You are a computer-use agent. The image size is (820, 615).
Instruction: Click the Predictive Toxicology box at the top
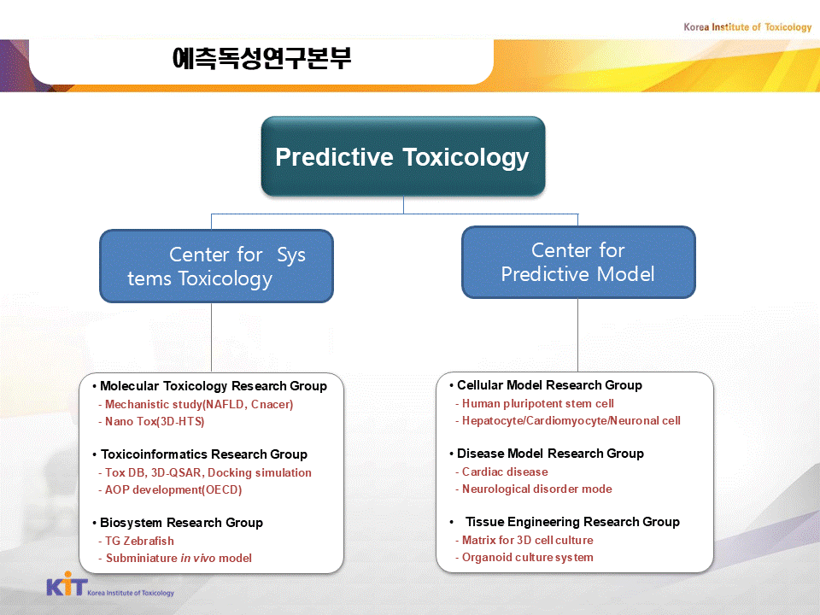[403, 156]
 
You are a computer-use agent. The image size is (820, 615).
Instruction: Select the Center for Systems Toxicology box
[216, 266]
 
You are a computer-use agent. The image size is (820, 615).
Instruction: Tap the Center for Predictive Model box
[578, 262]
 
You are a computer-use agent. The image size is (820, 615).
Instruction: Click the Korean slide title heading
[261, 58]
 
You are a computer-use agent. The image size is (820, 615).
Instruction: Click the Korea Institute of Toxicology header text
[747, 27]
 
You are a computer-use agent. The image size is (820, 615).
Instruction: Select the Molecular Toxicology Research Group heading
[214, 386]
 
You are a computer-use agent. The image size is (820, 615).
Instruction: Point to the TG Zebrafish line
[137, 541]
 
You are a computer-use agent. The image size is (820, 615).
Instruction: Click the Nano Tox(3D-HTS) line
[152, 421]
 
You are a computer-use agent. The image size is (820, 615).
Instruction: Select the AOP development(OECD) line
[171, 490]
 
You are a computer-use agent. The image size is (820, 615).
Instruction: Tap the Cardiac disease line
[502, 471]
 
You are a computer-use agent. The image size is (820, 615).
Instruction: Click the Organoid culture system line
[524, 558]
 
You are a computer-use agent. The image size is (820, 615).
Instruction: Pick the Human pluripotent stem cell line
[535, 404]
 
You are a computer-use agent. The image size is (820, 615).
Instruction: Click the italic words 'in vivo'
[197, 558]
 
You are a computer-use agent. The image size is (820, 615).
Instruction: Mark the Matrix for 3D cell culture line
[524, 540]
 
